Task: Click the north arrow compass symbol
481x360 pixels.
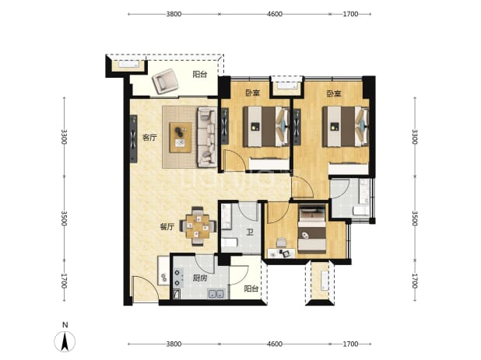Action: tap(65, 341)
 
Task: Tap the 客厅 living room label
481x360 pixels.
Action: tap(149, 138)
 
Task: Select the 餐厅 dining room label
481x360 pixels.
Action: tap(167, 227)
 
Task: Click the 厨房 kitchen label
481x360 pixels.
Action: tap(200, 278)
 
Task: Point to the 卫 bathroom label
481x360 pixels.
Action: tap(250, 233)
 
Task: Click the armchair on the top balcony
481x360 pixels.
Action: tap(166, 81)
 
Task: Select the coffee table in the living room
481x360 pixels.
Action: tap(181, 138)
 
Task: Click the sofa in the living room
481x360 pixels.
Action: tap(207, 137)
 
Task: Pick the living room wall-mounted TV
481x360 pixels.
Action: tap(133, 139)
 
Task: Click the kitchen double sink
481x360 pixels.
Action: tap(216, 294)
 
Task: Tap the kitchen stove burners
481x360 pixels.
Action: tap(177, 278)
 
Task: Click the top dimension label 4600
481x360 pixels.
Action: tap(275, 14)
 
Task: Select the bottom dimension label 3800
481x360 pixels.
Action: tap(174, 344)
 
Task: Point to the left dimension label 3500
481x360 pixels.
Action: tap(64, 218)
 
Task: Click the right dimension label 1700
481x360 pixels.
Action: tap(414, 281)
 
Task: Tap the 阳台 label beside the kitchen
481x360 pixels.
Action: tap(251, 289)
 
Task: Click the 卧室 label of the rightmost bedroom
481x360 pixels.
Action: tap(334, 94)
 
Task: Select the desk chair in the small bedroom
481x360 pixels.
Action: tap(281, 243)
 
